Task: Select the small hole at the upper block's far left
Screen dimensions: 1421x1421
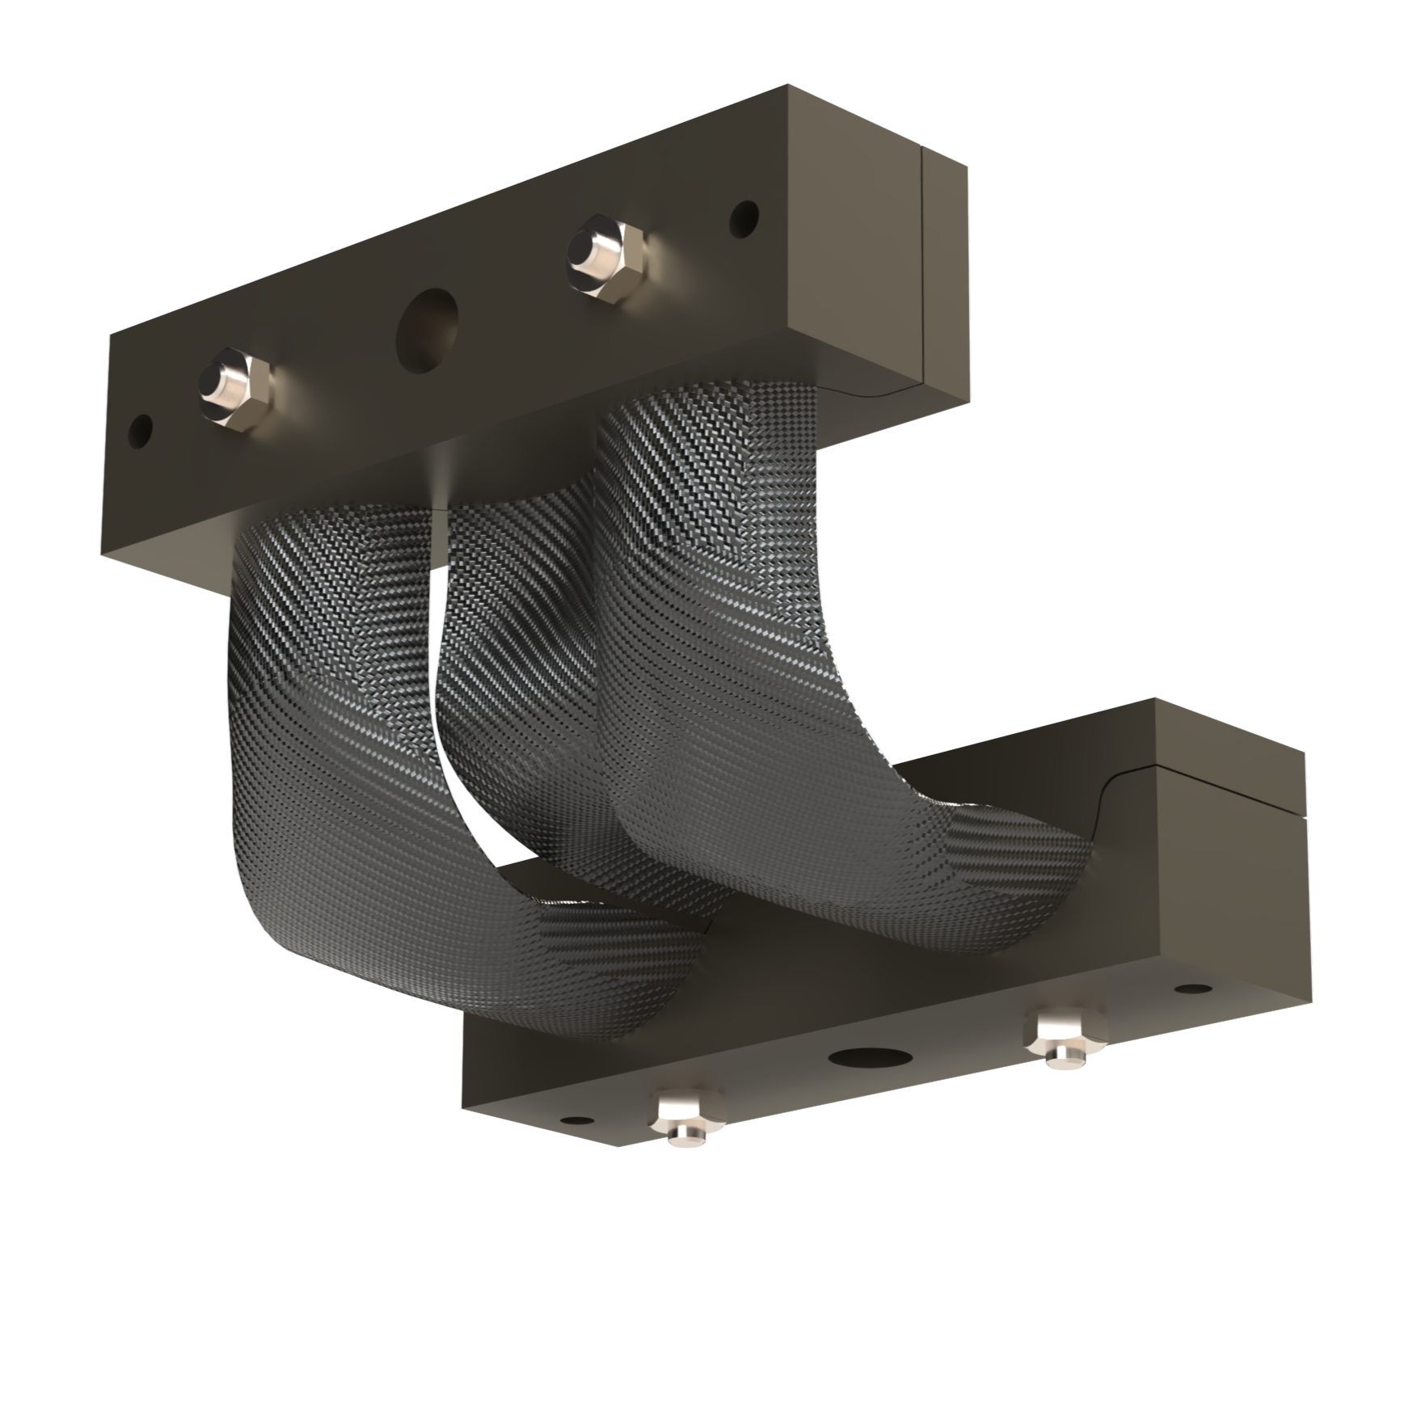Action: pos(141,432)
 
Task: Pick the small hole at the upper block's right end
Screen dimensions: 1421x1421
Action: pos(744,216)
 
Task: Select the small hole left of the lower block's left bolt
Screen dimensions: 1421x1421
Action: pos(576,1120)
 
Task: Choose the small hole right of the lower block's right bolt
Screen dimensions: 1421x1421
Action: pos(1188,988)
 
